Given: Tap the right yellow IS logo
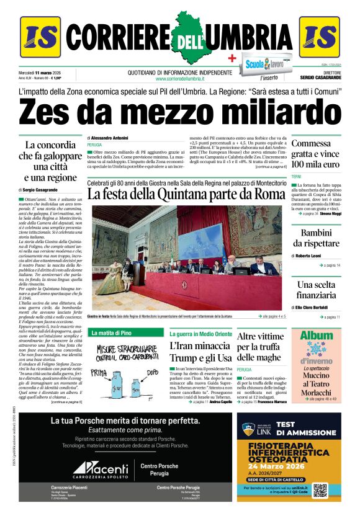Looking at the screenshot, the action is pyautogui.click(x=319, y=37).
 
